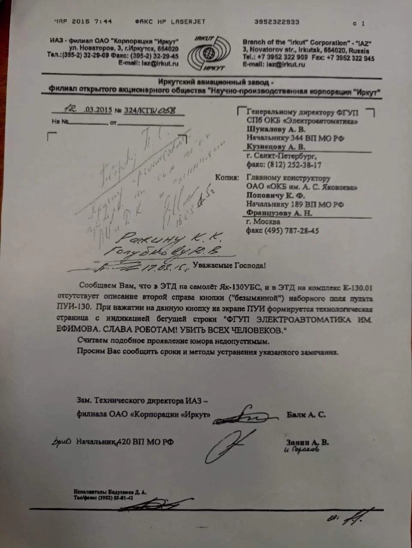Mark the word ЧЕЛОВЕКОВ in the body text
pos(254,331)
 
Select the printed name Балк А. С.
pos(305,414)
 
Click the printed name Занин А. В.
pos(307,442)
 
